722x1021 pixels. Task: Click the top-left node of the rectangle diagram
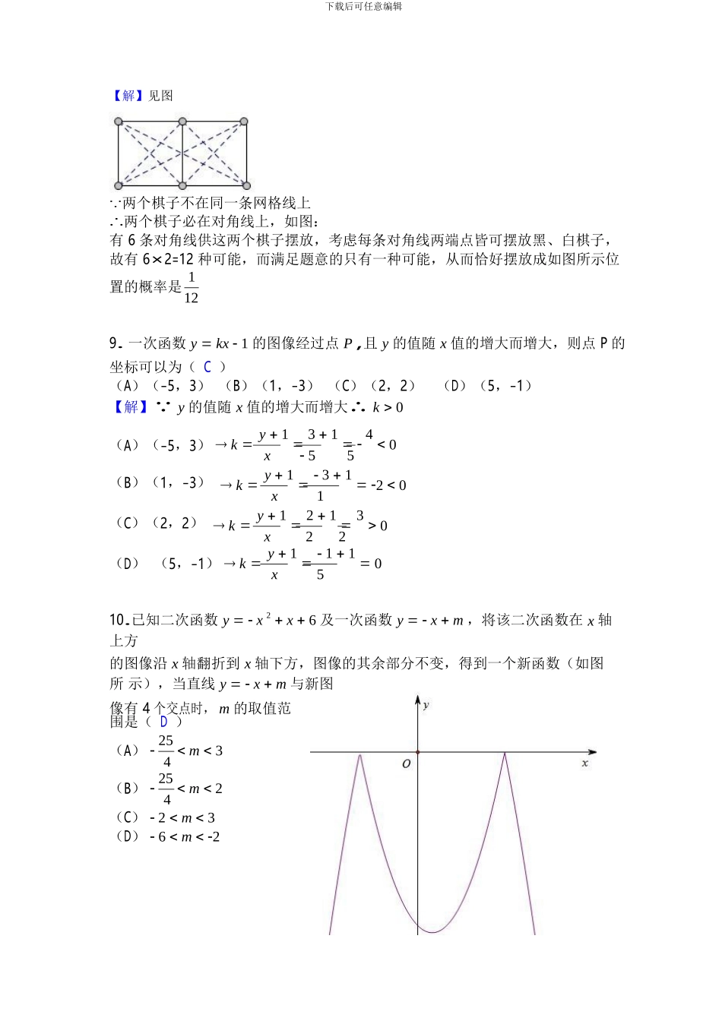119,122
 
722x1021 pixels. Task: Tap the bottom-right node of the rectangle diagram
245,185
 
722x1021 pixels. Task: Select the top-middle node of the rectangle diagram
182,122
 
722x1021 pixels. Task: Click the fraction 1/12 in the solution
191,288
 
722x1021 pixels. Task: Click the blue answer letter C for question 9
207,367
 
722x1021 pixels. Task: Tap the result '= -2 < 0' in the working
382,485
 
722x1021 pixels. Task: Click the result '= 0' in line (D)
372,564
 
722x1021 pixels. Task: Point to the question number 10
117,620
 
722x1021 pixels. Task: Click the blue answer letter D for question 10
163,722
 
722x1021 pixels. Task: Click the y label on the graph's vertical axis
426,705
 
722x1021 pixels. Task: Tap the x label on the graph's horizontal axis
584,763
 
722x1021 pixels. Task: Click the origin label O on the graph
407,763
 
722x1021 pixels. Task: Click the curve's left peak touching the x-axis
360,754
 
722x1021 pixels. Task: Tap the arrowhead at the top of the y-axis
417,698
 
